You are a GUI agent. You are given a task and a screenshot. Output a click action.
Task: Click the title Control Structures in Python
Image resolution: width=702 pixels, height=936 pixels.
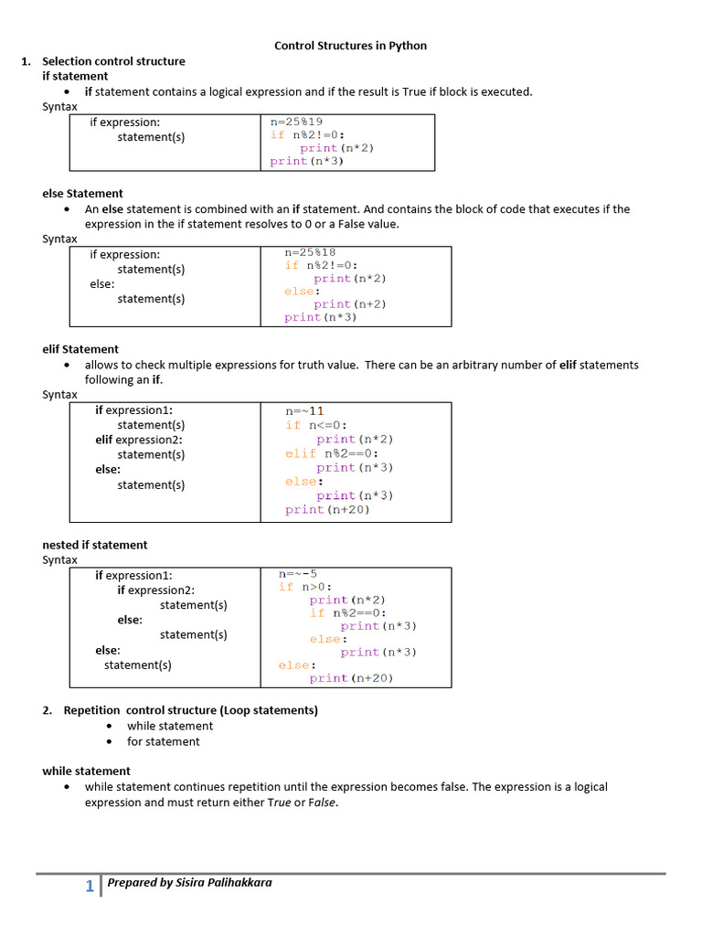click(350, 46)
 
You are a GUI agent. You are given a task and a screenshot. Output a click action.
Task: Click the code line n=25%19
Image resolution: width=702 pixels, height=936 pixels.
click(296, 122)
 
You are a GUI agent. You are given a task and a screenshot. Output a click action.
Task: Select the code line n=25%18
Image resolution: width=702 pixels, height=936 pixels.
click(310, 253)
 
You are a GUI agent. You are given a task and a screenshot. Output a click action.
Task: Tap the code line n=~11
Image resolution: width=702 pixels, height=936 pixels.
click(304, 411)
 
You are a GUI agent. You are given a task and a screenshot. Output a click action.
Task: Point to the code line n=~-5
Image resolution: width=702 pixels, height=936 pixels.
click(298, 574)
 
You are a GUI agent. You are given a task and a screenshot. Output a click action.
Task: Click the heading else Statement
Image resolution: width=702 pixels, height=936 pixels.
click(82, 194)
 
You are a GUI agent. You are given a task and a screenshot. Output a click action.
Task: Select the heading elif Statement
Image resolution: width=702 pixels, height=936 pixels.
click(80, 349)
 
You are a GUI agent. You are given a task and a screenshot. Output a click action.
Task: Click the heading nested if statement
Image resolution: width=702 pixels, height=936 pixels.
click(95, 545)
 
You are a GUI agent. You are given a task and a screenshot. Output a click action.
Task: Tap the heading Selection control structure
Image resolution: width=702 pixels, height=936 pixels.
click(113, 61)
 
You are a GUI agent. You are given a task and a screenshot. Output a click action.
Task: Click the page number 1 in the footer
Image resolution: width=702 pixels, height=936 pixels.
click(90, 886)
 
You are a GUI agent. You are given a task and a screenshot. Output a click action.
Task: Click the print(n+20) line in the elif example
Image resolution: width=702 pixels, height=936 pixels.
click(327, 510)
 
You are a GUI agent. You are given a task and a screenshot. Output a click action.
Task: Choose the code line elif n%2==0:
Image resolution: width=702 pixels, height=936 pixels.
click(331, 453)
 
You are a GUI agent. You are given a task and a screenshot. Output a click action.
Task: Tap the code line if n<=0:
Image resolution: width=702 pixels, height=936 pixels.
click(316, 425)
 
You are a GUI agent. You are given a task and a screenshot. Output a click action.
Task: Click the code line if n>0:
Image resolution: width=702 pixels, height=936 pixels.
click(305, 587)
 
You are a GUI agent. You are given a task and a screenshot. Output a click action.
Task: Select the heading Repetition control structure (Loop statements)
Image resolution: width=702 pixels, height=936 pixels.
click(190, 710)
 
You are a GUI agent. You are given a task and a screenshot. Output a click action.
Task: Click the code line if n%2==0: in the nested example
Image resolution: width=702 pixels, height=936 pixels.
click(347, 613)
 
